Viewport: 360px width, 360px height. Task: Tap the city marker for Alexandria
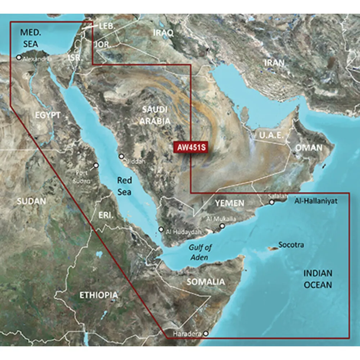tap(18, 57)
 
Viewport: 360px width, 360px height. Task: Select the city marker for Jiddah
tap(122, 157)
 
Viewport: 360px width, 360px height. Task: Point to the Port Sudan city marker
tap(96, 166)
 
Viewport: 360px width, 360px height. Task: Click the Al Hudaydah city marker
tap(161, 229)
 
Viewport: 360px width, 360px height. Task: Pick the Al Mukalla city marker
tap(222, 226)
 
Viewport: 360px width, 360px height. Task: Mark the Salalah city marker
tap(272, 202)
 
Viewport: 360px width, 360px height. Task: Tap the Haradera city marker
tap(206, 334)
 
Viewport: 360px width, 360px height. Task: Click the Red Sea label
tap(125, 186)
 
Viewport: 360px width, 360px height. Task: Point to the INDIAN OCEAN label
tap(317, 279)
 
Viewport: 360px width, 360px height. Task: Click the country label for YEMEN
tap(229, 203)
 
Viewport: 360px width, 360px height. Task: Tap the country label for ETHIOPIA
tap(98, 296)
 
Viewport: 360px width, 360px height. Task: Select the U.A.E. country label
tap(269, 135)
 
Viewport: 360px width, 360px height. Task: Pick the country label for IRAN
tap(274, 63)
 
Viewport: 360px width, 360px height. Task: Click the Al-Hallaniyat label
tap(316, 201)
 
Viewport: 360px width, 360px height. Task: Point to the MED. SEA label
tap(31, 38)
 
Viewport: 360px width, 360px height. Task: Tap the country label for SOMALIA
tap(206, 282)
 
